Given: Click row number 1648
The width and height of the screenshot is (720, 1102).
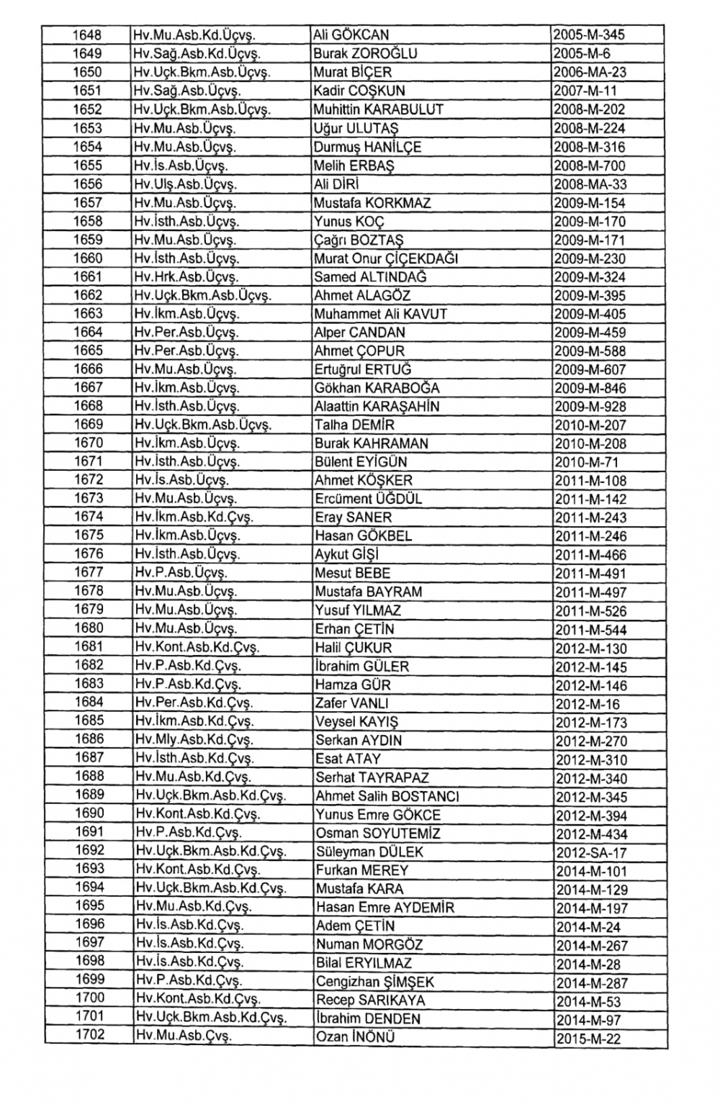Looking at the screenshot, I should point(87,35).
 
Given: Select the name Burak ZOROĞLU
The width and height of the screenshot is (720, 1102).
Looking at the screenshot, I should point(365,53).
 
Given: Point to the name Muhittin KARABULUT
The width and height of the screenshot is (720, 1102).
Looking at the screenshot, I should point(379,109).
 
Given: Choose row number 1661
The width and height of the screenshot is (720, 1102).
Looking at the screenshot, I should point(88,277).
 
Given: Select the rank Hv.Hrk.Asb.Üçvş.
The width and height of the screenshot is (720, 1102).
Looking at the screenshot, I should point(186,277).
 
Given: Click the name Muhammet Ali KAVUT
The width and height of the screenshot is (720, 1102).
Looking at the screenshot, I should point(381,314).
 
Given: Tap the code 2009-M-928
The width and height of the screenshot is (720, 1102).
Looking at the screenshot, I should point(590,407).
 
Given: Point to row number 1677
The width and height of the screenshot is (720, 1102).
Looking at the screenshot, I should point(89,573).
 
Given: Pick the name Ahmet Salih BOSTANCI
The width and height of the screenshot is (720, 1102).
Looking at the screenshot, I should point(387,796).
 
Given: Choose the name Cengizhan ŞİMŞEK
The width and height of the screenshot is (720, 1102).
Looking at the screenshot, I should point(375,982).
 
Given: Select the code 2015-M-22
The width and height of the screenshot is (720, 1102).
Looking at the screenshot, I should point(588,1039).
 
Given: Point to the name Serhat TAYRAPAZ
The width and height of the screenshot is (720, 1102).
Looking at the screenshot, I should point(372,777).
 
